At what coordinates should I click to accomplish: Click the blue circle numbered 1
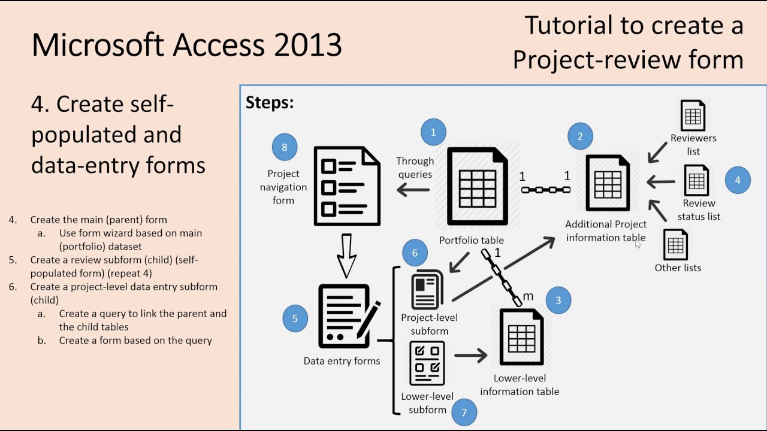(x=433, y=132)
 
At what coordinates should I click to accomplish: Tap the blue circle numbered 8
(x=284, y=147)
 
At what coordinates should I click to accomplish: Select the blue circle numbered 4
(x=738, y=180)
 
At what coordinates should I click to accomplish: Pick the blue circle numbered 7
(x=464, y=411)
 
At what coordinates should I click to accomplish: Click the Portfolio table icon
(x=477, y=187)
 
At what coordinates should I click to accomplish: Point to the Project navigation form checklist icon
(x=347, y=187)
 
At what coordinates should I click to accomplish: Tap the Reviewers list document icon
(x=693, y=115)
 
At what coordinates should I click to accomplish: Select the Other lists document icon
(x=675, y=244)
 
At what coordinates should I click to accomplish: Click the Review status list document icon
(x=696, y=180)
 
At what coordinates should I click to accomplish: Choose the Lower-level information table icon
(x=521, y=337)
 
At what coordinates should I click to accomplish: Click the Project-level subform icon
(x=427, y=289)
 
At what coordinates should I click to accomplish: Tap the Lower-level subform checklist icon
(x=427, y=363)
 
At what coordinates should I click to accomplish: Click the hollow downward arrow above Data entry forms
(x=346, y=256)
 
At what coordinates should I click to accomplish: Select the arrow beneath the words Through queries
(x=413, y=190)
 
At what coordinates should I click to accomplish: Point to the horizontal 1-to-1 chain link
(x=545, y=190)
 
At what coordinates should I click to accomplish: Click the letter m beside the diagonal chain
(x=528, y=296)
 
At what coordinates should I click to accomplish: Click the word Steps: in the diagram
(x=270, y=103)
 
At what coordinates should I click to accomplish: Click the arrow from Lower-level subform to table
(x=471, y=356)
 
